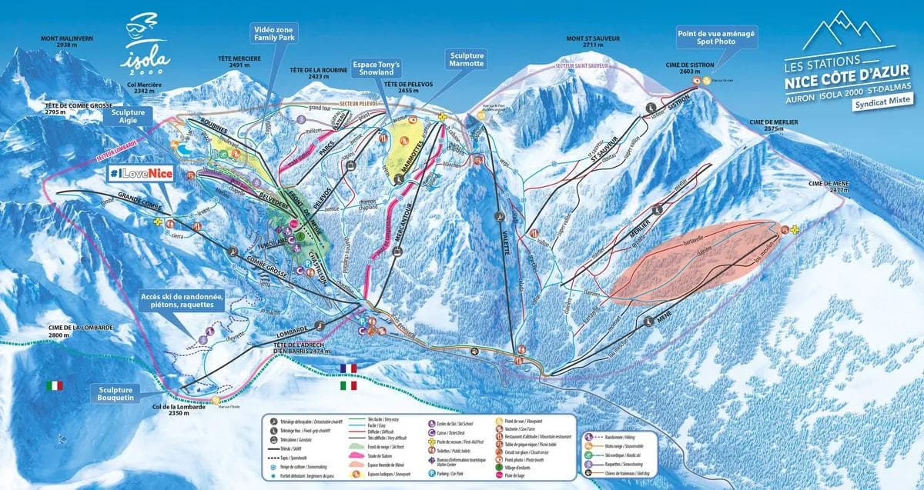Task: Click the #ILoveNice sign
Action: pyautogui.click(x=139, y=174)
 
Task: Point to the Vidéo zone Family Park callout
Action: pyautogui.click(x=275, y=35)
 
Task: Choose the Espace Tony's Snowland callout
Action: pyautogui.click(x=375, y=68)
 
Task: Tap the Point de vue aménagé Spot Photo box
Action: pyautogui.click(x=717, y=38)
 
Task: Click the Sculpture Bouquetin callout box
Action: pyautogui.click(x=119, y=394)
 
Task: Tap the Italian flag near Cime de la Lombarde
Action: pyautogui.click(x=54, y=385)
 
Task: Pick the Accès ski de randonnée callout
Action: pyautogui.click(x=182, y=302)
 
